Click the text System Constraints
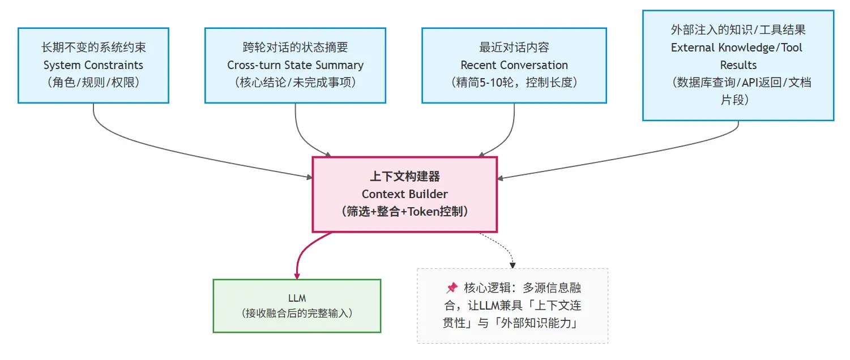[93, 65]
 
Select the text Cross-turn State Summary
[295, 65]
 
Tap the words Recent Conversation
[514, 65]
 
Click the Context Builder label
[404, 194]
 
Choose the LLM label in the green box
[297, 298]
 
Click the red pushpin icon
[452, 288]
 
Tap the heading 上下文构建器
[404, 177]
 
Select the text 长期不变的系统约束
[93, 48]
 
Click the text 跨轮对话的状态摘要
[295, 48]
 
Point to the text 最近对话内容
[514, 48]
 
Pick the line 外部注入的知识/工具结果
[738, 30]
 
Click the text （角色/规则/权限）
[93, 83]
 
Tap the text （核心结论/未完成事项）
[295, 83]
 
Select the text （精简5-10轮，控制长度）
[514, 83]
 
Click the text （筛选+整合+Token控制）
[404, 212]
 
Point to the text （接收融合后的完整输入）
[297, 312]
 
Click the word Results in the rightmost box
[738, 65]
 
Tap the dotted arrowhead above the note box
[512, 264]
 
